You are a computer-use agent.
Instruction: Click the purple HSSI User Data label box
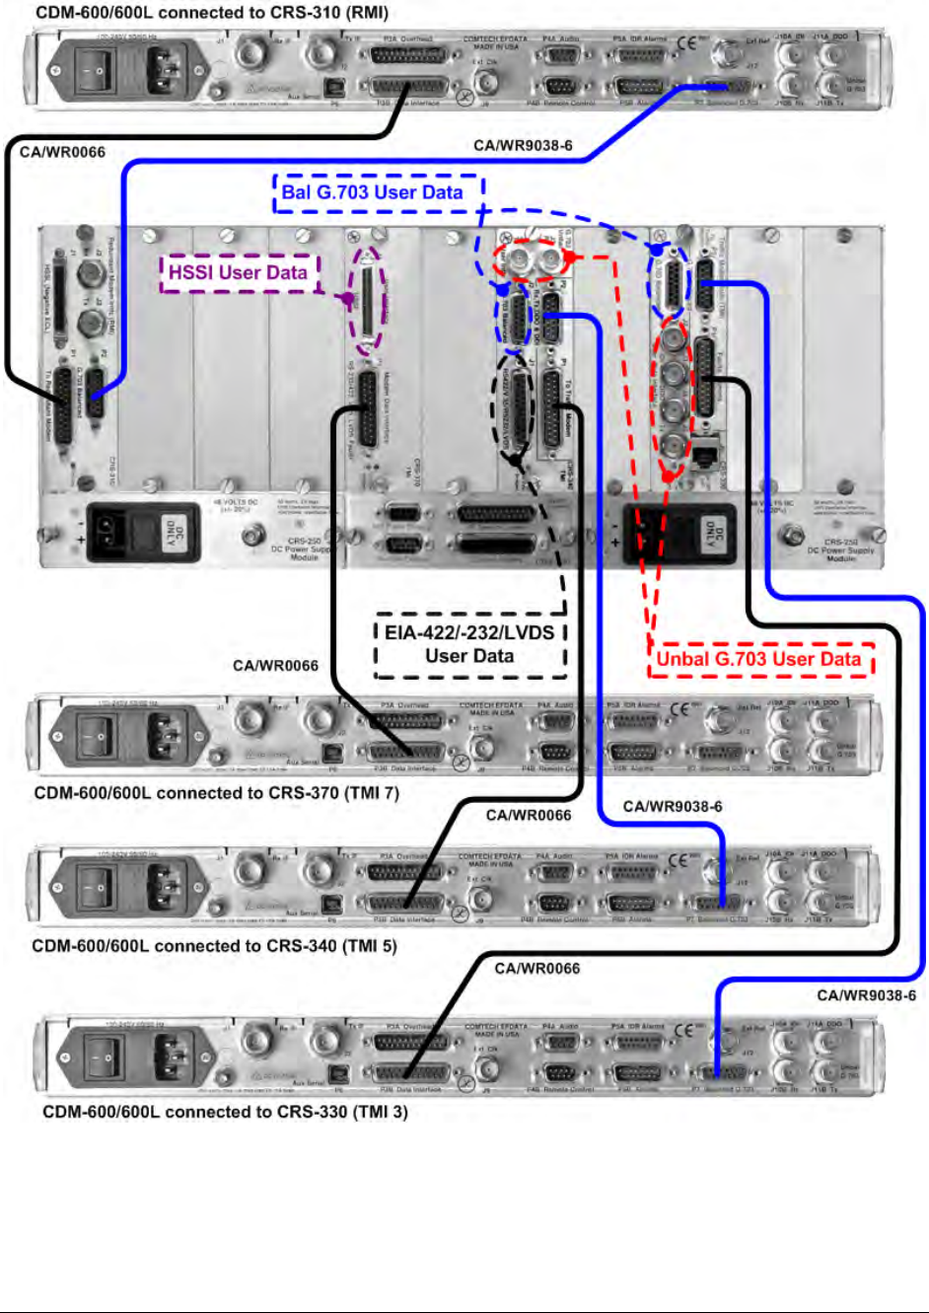238,272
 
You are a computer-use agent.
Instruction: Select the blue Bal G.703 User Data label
373,192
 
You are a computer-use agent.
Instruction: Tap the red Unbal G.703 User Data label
758,659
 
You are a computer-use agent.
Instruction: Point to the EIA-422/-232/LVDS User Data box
469,644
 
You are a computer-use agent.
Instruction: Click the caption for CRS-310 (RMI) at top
212,13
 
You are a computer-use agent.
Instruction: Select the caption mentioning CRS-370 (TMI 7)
217,792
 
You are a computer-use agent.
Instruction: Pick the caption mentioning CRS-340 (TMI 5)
214,945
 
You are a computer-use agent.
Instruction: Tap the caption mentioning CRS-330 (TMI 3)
225,1112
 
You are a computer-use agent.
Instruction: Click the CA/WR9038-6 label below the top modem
523,146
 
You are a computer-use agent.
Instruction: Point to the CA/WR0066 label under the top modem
62,152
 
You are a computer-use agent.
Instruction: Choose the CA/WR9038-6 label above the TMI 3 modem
866,995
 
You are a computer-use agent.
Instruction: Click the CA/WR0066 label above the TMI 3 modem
537,969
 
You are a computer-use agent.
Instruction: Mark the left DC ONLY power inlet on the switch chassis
160,533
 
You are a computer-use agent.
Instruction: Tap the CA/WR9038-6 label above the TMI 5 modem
673,807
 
